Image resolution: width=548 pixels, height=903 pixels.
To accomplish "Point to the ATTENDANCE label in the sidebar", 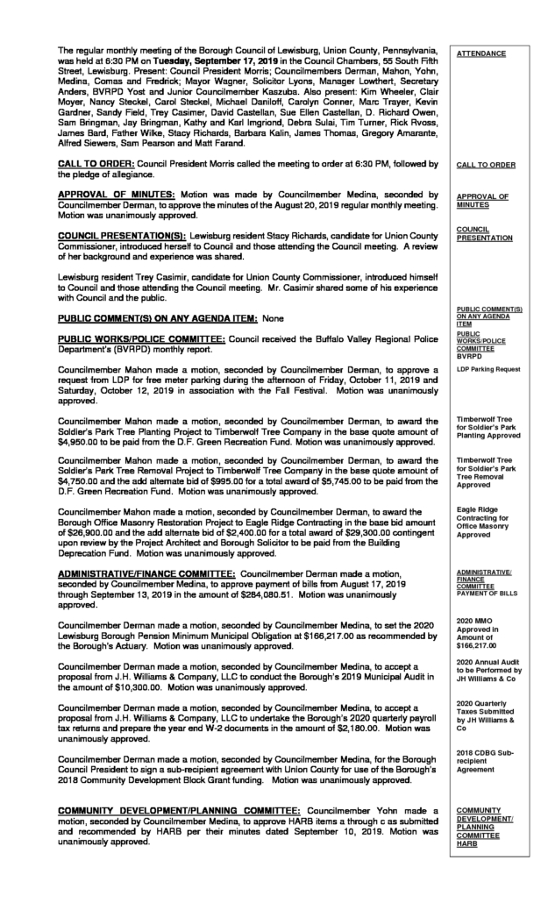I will (481, 53).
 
